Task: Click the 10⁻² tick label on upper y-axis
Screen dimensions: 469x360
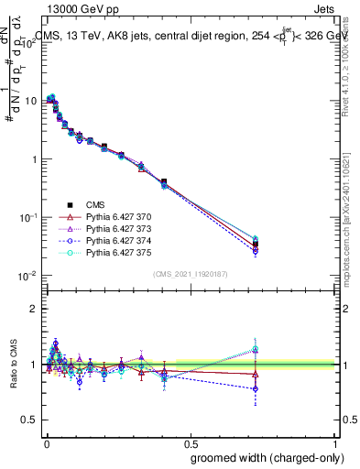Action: point(25,276)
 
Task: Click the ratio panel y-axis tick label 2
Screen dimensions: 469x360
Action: point(31,309)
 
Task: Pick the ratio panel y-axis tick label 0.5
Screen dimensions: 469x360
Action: point(27,420)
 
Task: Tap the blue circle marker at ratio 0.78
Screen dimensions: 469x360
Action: point(256,388)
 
